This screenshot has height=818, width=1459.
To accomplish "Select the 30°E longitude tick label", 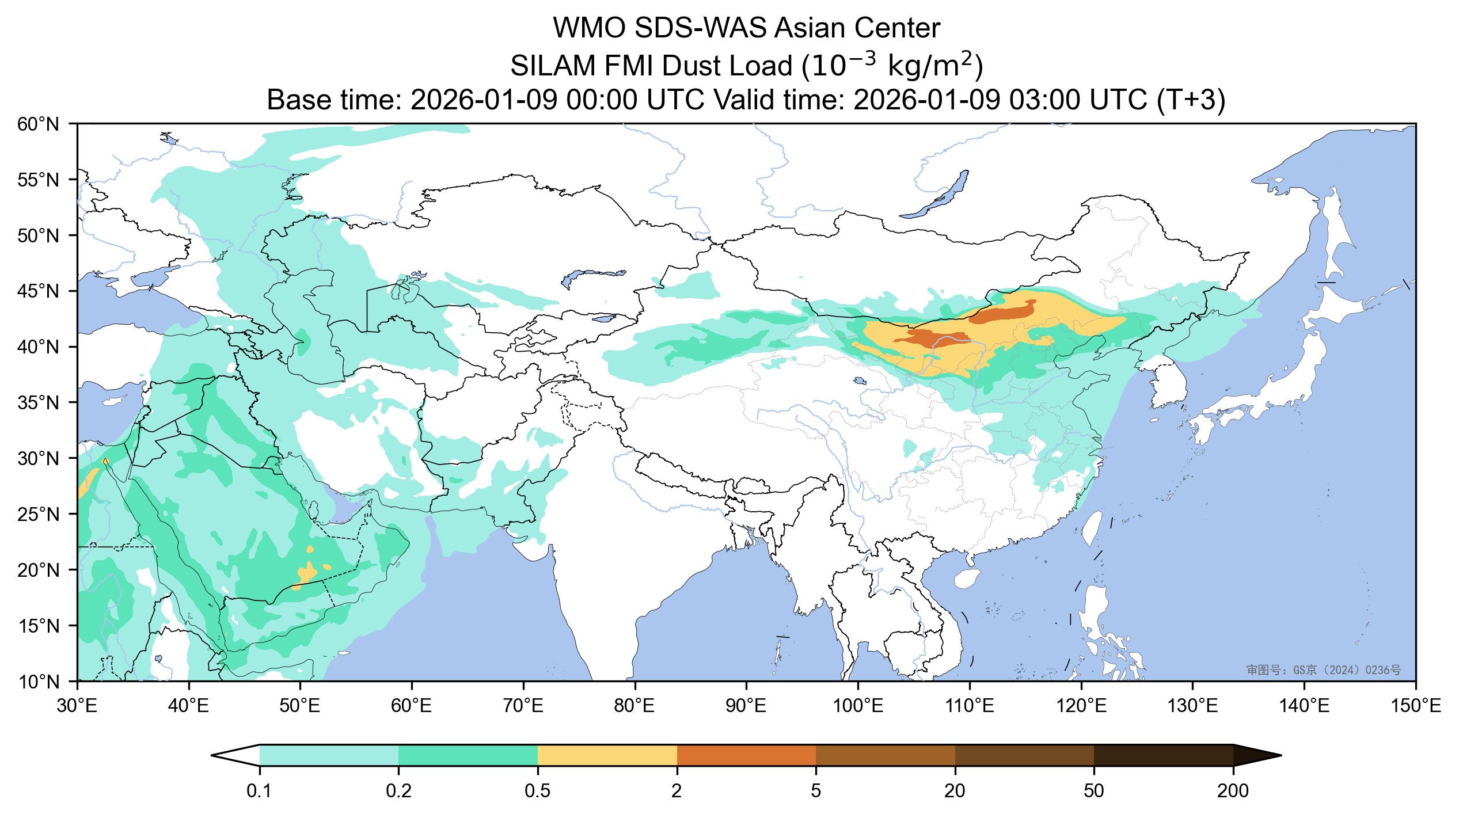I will [77, 705].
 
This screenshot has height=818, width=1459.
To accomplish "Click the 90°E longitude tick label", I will [746, 705].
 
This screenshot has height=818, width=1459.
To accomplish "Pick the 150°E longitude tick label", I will [1415, 705].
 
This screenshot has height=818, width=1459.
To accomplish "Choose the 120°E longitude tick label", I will [1081, 705].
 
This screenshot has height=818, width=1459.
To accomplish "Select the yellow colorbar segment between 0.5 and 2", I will [607, 755].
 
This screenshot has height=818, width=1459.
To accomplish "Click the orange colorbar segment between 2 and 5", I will [746, 755].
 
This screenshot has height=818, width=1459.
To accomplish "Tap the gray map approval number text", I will [1323, 669].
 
